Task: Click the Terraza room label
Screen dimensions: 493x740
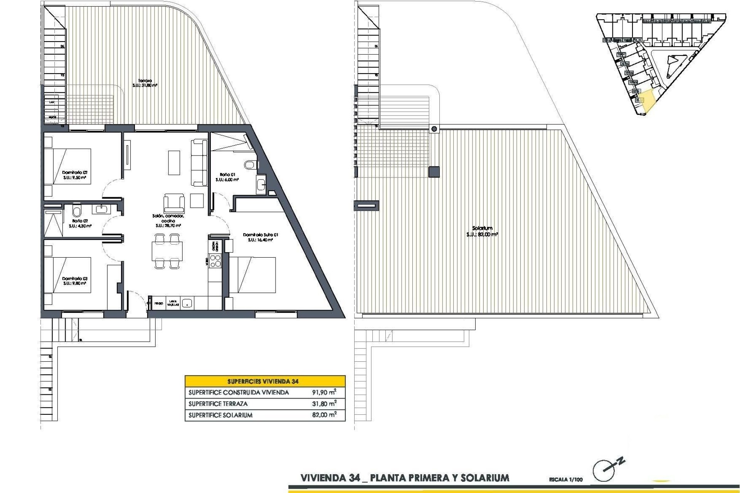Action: (x=145, y=81)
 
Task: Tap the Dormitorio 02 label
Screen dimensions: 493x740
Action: (x=75, y=173)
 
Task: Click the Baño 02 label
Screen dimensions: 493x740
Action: (x=80, y=221)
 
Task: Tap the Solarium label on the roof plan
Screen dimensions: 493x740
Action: (x=482, y=228)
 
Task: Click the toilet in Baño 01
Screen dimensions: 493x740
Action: (x=250, y=165)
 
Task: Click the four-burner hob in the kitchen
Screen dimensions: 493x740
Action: (x=215, y=261)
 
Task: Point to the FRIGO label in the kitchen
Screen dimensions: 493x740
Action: (x=159, y=304)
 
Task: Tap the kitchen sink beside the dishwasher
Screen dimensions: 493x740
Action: (x=187, y=303)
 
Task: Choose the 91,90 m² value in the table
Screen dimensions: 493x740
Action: (x=324, y=392)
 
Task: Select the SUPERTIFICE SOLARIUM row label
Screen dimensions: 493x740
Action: (x=220, y=415)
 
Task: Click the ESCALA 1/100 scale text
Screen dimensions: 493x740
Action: (x=566, y=480)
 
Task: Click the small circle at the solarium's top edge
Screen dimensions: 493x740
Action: (x=434, y=129)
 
